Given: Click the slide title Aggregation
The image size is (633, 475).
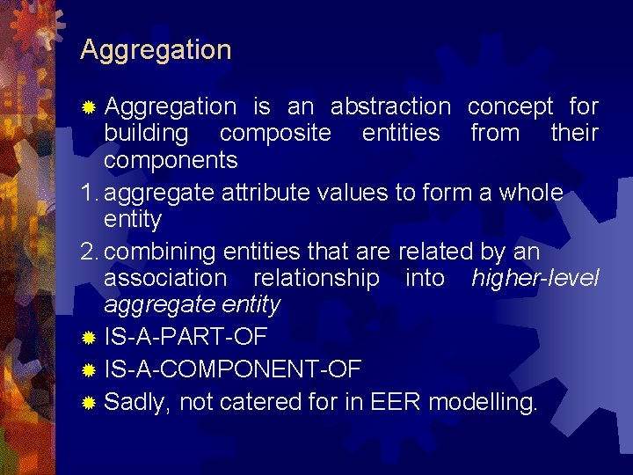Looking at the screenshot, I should pos(156,50).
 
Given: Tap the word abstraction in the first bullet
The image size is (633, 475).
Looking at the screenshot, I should pos(389,107).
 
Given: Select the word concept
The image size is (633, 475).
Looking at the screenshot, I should pos(510,107).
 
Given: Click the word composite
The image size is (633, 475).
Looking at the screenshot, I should pos(275,134).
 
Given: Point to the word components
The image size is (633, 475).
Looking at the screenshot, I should pos(171,161).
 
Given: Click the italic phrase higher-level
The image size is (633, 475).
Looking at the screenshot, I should pos(535,278).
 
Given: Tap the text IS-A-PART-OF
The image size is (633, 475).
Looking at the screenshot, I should pos(186,337).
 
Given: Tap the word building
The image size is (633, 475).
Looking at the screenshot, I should pos(146,134).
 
